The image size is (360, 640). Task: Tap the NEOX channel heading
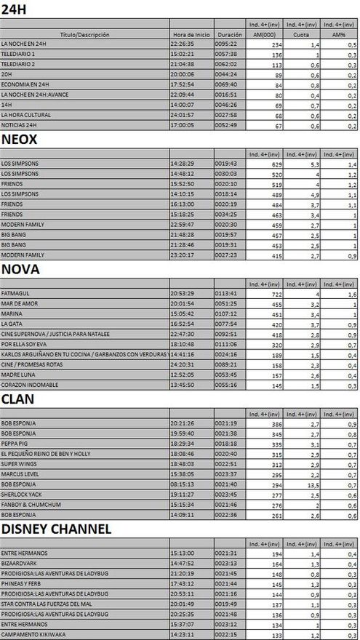[20, 140]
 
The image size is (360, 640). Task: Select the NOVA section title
[20, 269]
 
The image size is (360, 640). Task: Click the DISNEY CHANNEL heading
[56, 529]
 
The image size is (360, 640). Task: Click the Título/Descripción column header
[85, 34]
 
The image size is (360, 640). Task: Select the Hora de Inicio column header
[191, 34]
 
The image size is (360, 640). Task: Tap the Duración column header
[229, 34]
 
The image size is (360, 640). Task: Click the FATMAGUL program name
[15, 292]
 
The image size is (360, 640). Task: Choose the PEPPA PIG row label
[15, 443]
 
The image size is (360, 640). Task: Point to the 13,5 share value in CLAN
[311, 484]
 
